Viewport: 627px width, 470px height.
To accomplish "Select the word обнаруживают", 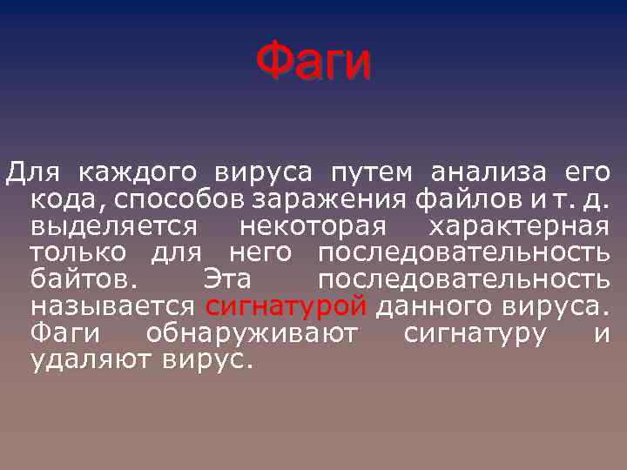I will pos(251,335).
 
